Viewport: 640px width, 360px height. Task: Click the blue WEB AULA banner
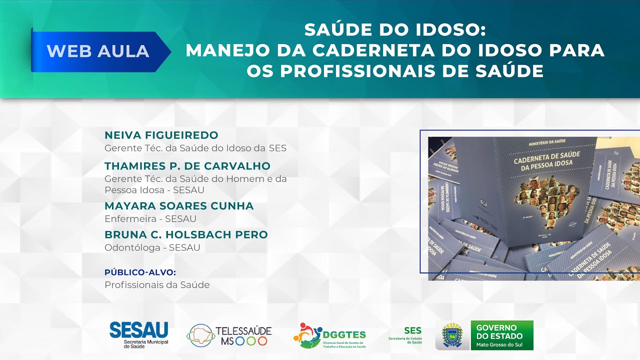point(98,51)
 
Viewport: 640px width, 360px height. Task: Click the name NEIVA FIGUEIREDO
point(161,135)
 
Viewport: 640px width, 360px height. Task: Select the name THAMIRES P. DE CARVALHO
point(187,166)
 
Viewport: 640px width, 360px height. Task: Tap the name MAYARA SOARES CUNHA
point(179,206)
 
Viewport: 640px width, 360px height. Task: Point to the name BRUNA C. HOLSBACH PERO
point(186,234)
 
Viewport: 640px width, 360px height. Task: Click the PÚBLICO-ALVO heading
point(140,272)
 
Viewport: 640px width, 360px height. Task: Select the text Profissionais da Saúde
point(157,285)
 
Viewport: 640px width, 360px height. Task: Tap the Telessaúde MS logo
point(229,335)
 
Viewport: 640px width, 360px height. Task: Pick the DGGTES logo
point(329,335)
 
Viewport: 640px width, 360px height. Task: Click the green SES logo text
point(412,331)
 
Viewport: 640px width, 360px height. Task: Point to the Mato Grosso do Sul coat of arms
point(452,335)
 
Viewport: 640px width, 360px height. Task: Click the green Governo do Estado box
point(502,335)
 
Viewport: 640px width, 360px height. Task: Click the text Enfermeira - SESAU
point(150,219)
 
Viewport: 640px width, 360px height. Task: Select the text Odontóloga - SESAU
point(152,247)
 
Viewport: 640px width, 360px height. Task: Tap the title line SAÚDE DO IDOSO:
point(395,30)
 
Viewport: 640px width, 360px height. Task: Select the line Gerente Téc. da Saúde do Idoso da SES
point(195,148)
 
